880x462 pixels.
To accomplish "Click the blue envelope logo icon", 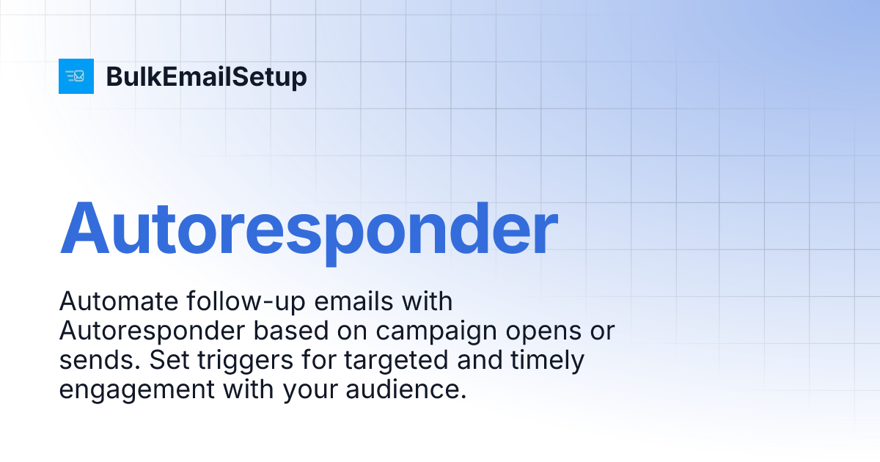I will pyautogui.click(x=76, y=76).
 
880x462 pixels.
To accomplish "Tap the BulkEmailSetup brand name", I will pyautogui.click(x=206, y=77).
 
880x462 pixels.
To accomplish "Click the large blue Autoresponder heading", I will pyautogui.click(x=308, y=227).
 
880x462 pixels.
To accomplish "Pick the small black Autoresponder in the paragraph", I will pyautogui.click(x=152, y=331).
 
